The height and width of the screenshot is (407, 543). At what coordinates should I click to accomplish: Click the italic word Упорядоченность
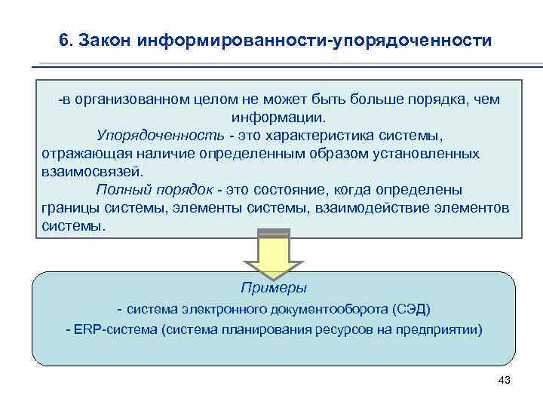coord(160,136)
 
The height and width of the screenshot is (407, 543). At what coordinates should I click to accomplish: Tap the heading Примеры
coord(273,288)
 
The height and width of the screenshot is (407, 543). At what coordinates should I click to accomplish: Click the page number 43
coord(505,380)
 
